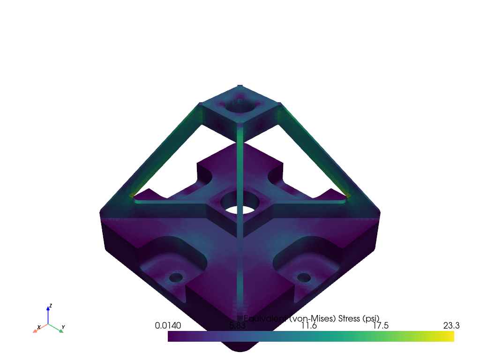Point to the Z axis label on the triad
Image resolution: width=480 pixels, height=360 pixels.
pyautogui.click(x=51, y=306)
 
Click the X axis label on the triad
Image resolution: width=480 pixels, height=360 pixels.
pyautogui.click(x=38, y=327)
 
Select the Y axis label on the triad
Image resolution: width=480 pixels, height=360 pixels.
pyautogui.click(x=63, y=327)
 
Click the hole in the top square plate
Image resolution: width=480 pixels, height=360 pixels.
pyautogui.click(x=240, y=107)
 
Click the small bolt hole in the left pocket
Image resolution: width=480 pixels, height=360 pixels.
pyautogui.click(x=176, y=277)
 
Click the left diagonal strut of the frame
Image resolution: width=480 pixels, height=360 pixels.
pyautogui.click(x=164, y=155)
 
